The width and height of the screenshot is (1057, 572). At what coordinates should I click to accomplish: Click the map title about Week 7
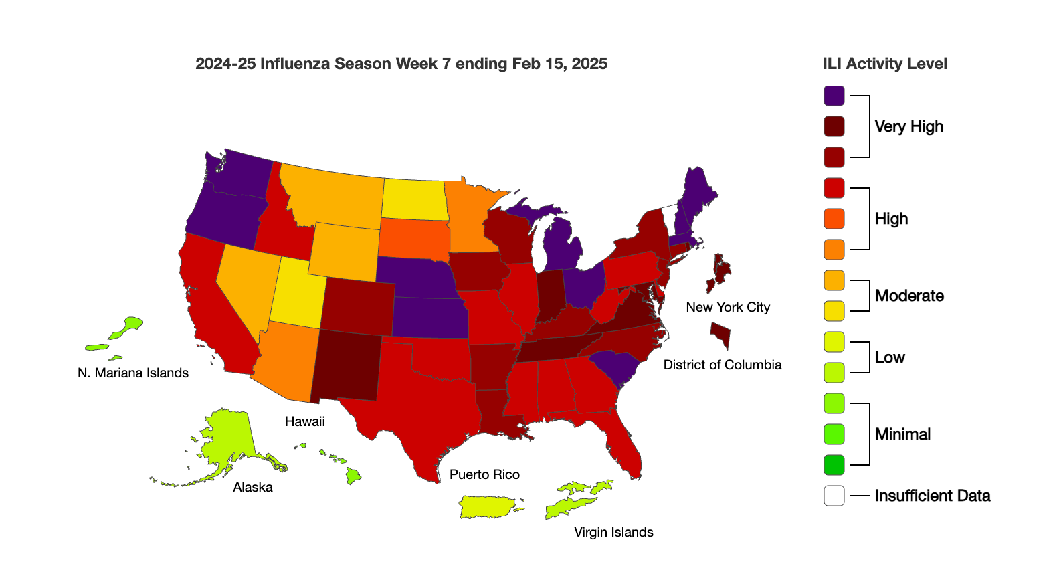(401, 64)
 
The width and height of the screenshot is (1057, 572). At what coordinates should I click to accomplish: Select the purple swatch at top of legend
(834, 96)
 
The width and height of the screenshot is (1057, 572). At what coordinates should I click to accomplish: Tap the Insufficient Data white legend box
(834, 496)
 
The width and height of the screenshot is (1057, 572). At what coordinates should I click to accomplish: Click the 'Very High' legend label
(908, 126)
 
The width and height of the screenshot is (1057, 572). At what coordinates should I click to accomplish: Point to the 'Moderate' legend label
(909, 296)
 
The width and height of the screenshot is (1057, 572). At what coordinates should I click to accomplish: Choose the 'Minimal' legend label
(902, 434)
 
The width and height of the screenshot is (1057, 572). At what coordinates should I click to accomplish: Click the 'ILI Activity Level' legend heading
(884, 64)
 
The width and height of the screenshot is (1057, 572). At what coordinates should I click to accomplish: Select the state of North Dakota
(414, 199)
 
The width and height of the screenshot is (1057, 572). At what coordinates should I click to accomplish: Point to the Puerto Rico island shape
(488, 506)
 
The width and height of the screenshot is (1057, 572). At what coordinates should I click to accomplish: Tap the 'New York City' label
(728, 307)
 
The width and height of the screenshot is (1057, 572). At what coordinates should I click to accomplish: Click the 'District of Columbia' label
(723, 365)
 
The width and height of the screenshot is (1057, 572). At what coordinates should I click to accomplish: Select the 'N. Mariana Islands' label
(133, 373)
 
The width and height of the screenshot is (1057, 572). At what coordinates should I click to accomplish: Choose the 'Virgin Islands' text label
(613, 532)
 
